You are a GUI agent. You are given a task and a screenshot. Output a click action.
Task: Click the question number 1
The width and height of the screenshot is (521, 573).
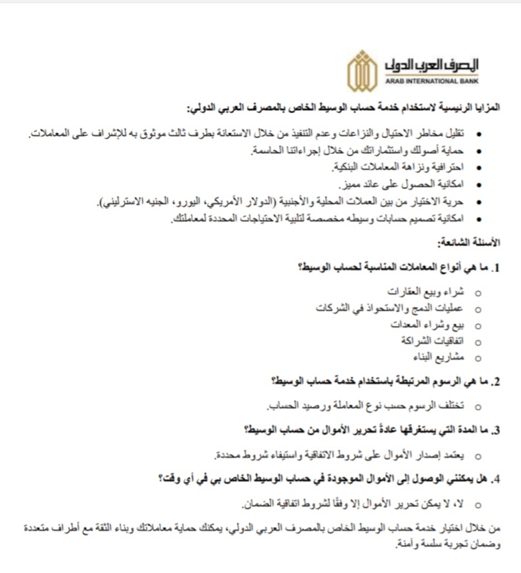[x=496, y=268]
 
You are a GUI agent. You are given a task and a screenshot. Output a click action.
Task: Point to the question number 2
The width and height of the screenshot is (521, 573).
[x=496, y=381]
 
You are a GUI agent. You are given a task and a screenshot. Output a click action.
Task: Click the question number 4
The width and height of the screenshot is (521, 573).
[x=496, y=477]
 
